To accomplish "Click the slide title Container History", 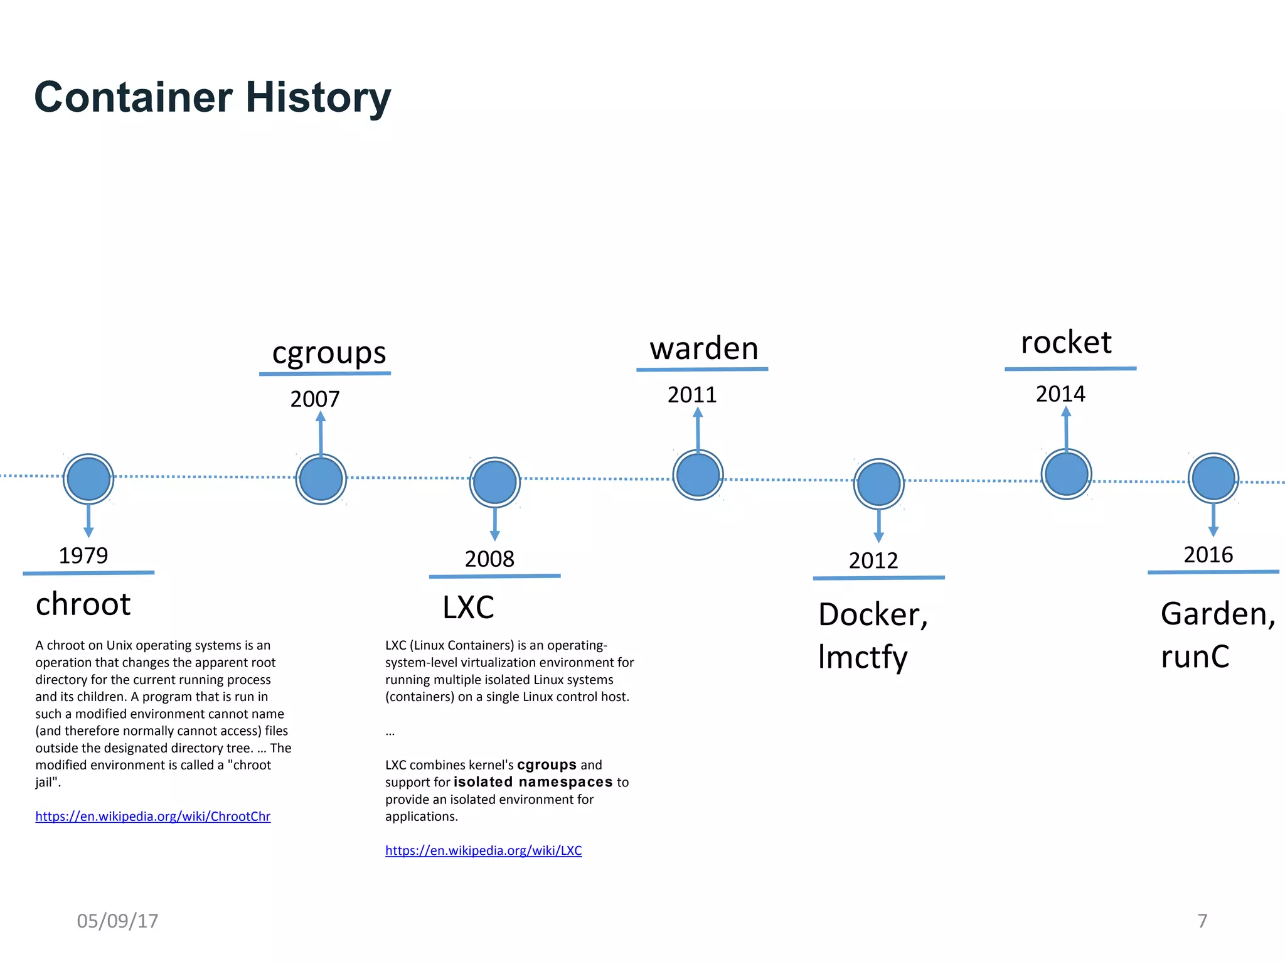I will click(x=212, y=97).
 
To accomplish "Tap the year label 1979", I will click(x=83, y=555).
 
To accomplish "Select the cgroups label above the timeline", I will click(x=329, y=353).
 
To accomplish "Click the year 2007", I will click(x=315, y=399).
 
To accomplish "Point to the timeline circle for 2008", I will click(x=494, y=482).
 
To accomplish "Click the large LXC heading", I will click(x=468, y=608).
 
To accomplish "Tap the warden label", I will click(x=703, y=348).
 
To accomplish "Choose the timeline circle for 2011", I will click(x=698, y=474).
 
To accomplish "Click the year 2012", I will click(x=873, y=560).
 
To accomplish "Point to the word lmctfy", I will click(x=863, y=657).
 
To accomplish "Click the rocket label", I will click(x=1066, y=343).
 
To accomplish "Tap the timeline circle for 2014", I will click(x=1066, y=474).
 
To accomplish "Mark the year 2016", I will click(x=1208, y=555).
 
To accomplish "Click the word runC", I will click(x=1195, y=657).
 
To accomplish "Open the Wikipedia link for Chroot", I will click(x=152, y=817).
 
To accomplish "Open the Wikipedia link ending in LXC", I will click(x=483, y=850).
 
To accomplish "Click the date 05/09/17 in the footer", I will click(x=117, y=921).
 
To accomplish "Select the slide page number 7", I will click(x=1202, y=921).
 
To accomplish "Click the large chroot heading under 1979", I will click(x=83, y=604).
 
